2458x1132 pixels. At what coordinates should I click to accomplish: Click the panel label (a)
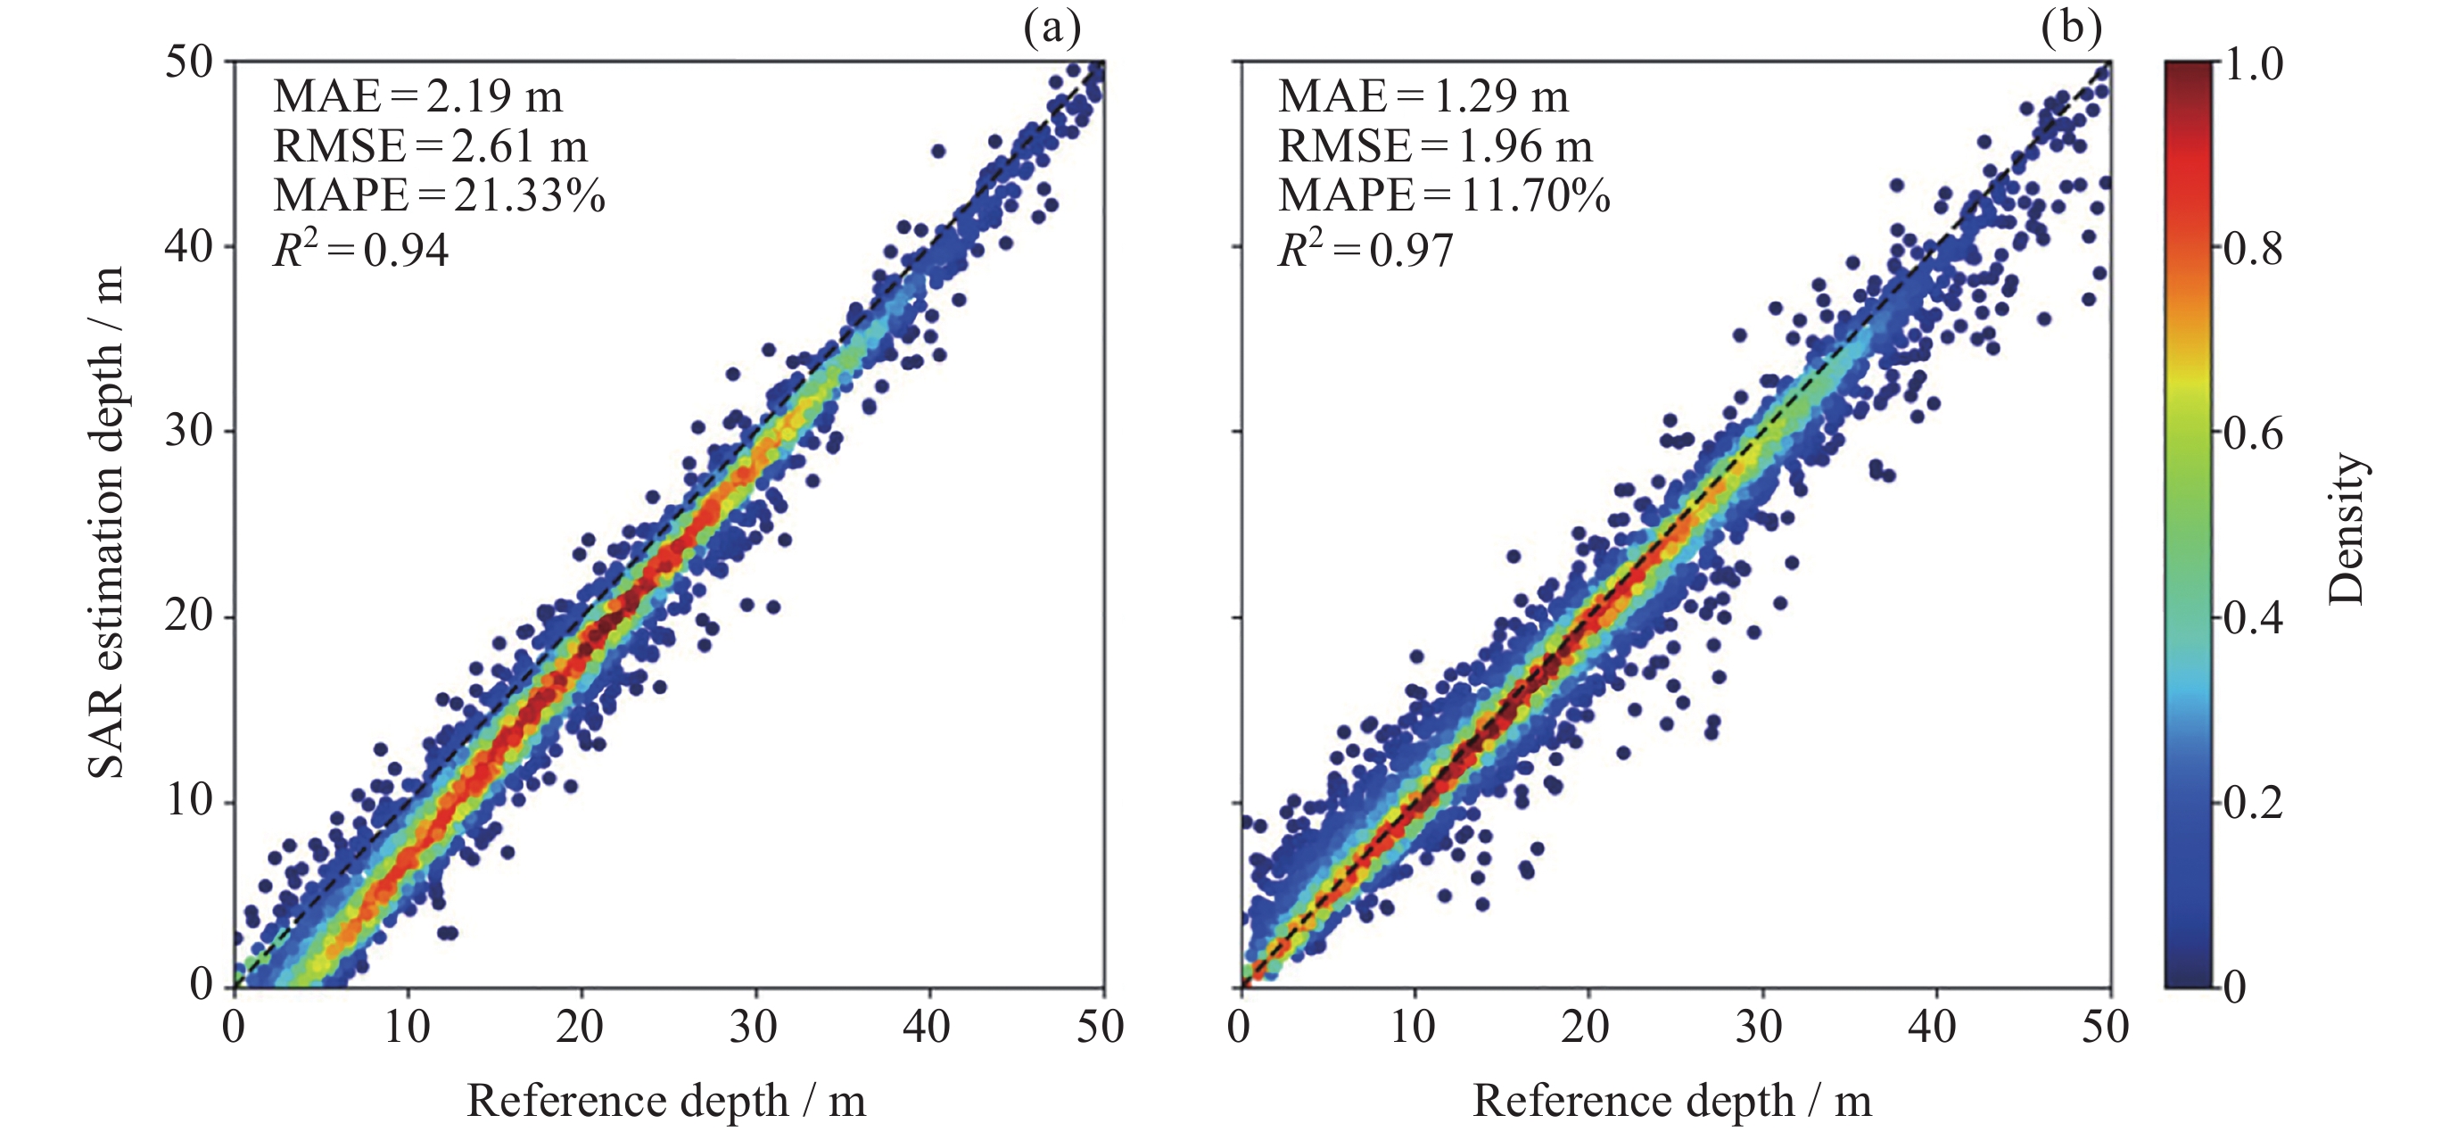click(1052, 28)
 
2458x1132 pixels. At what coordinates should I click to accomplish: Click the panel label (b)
click(2071, 28)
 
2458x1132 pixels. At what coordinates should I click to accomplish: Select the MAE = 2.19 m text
click(417, 96)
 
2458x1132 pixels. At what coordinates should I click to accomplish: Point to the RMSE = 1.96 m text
click(1435, 146)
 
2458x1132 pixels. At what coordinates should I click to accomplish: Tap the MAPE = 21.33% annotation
click(439, 195)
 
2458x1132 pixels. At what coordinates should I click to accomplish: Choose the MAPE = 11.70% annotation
click(1444, 195)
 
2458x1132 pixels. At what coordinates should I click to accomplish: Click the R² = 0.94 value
click(360, 250)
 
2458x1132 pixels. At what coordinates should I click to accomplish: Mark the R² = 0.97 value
click(1365, 250)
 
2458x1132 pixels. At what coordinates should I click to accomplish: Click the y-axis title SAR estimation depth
click(107, 523)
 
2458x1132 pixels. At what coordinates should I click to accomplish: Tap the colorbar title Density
click(2347, 529)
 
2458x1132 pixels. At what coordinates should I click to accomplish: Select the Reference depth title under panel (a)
click(666, 1101)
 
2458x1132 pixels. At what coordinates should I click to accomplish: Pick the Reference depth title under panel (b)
click(1671, 1101)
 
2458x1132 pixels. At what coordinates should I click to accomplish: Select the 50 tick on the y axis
click(188, 63)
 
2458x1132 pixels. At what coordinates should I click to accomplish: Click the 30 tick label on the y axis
click(188, 432)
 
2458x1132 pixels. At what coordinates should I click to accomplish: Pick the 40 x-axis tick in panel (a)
click(928, 1027)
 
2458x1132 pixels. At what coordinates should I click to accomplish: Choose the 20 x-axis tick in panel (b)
click(1586, 1027)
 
